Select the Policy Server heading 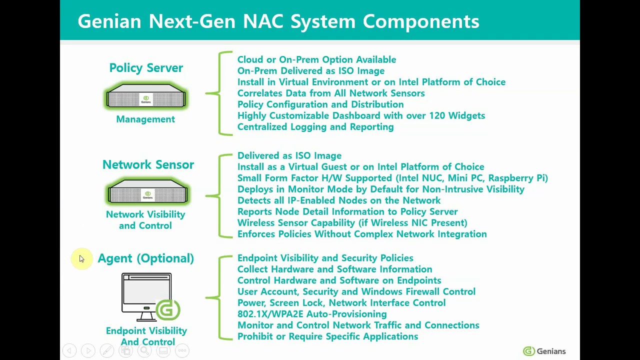click(x=146, y=68)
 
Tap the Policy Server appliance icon click(x=146, y=96)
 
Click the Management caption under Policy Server click(x=145, y=119)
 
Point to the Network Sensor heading click(x=148, y=164)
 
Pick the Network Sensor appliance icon click(x=147, y=192)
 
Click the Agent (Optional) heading click(x=145, y=258)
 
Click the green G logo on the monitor click(x=167, y=310)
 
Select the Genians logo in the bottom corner click(x=544, y=351)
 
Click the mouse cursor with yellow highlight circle click(x=81, y=258)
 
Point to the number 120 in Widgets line click(x=420, y=115)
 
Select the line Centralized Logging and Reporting click(x=315, y=127)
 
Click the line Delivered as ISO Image click(x=289, y=155)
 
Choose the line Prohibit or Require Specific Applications click(x=327, y=336)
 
